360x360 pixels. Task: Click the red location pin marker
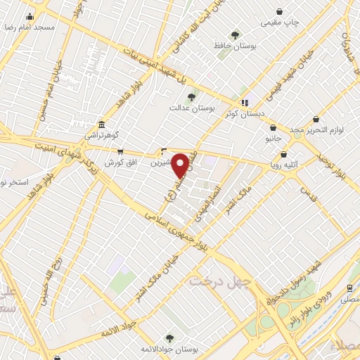[x=181, y=165]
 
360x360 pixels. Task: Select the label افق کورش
[x=119, y=162]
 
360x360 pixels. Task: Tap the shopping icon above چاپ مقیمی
[x=280, y=11]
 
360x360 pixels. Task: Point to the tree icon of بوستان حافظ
[x=235, y=34]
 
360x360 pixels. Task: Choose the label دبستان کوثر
[x=244, y=112]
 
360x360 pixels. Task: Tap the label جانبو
[x=273, y=139]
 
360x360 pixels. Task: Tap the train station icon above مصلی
[x=350, y=288]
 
